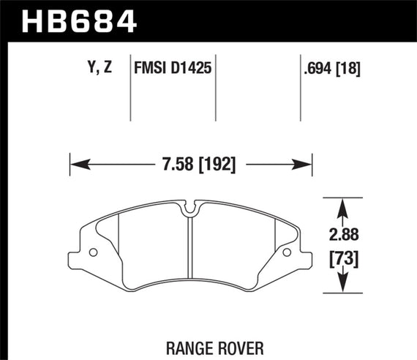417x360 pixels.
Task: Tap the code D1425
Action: click(192, 70)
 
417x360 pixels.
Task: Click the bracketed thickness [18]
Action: click(351, 70)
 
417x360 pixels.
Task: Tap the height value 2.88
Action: click(342, 236)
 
